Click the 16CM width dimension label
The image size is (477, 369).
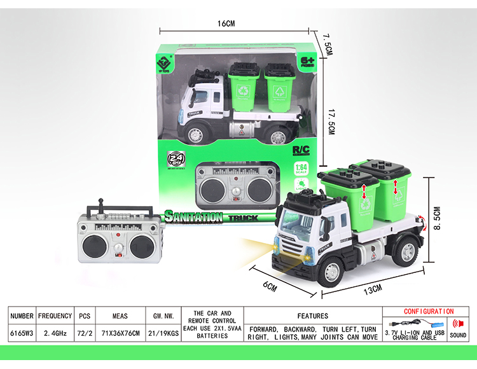[x=226, y=24]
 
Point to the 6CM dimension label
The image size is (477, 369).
[x=270, y=285]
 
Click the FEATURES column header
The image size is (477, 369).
[x=312, y=316]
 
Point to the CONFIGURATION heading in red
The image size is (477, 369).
[x=429, y=312]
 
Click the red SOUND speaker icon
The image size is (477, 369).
[x=458, y=324]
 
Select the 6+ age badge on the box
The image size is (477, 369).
[x=308, y=63]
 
